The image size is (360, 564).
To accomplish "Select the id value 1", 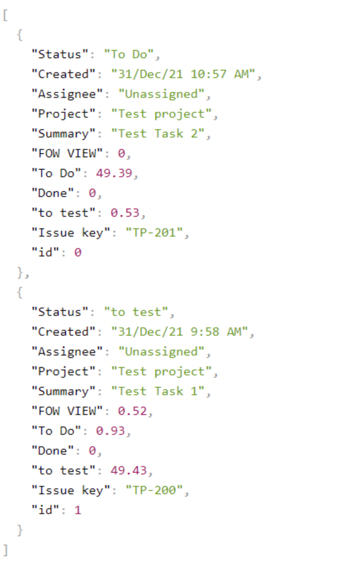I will click(78, 510).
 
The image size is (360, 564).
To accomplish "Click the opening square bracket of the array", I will click(5, 15).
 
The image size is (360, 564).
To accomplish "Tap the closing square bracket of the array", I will click(5, 549).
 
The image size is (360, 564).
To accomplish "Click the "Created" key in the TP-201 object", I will click(63, 75).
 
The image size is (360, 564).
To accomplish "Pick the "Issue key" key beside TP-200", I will click(67, 490).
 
